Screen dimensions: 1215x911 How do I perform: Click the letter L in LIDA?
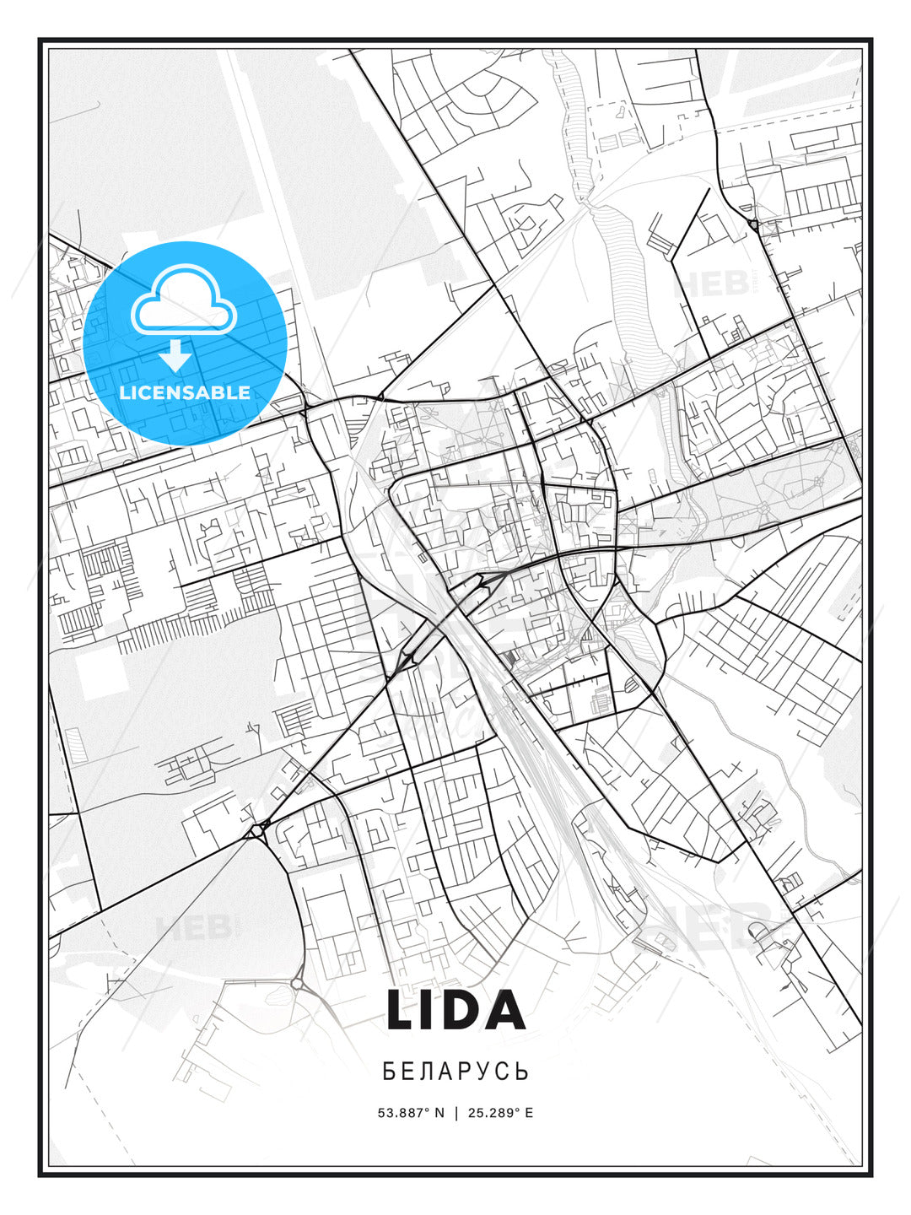click(402, 1010)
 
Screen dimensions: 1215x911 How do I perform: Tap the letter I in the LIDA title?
click(433, 1010)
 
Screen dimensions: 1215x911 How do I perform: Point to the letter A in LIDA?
click(505, 1010)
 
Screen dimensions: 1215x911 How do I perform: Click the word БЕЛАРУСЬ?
click(455, 1072)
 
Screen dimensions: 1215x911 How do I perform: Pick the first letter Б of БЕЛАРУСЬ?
click(389, 1072)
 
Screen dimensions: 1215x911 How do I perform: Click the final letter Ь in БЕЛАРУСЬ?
click(523, 1072)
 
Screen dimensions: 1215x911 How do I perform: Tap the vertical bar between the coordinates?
click(456, 1113)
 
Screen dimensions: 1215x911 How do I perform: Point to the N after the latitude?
click(439, 1113)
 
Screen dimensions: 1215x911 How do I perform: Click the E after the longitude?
click(529, 1113)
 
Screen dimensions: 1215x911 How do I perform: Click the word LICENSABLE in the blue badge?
click(185, 392)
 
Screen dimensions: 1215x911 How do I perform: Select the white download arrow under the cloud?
click(175, 355)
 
